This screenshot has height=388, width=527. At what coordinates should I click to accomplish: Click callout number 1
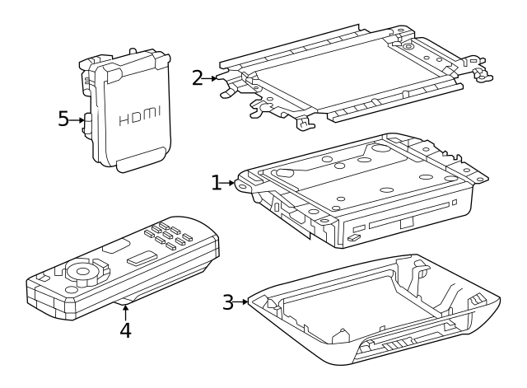(x=217, y=183)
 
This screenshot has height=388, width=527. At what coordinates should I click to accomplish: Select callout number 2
(x=197, y=78)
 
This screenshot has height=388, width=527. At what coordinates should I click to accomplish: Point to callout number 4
(x=124, y=330)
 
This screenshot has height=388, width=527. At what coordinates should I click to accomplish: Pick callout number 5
(x=63, y=119)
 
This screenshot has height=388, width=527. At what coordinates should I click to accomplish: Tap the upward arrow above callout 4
(x=124, y=311)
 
